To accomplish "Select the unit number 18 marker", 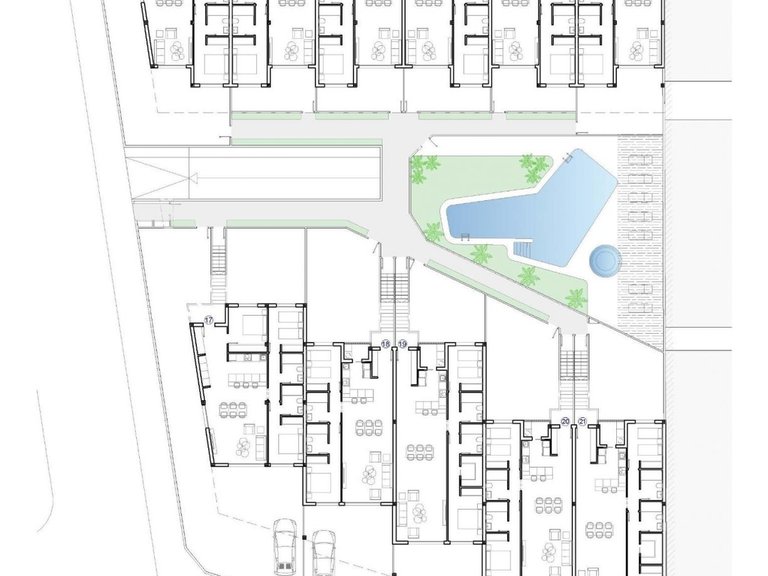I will [x=385, y=344].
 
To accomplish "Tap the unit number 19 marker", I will [x=403, y=344].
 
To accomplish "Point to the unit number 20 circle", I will [x=566, y=421].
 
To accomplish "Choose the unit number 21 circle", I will [x=583, y=421].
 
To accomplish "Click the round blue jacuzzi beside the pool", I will [x=604, y=261].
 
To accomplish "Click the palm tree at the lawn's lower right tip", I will [x=576, y=297].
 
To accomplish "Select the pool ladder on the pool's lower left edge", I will [x=464, y=235].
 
